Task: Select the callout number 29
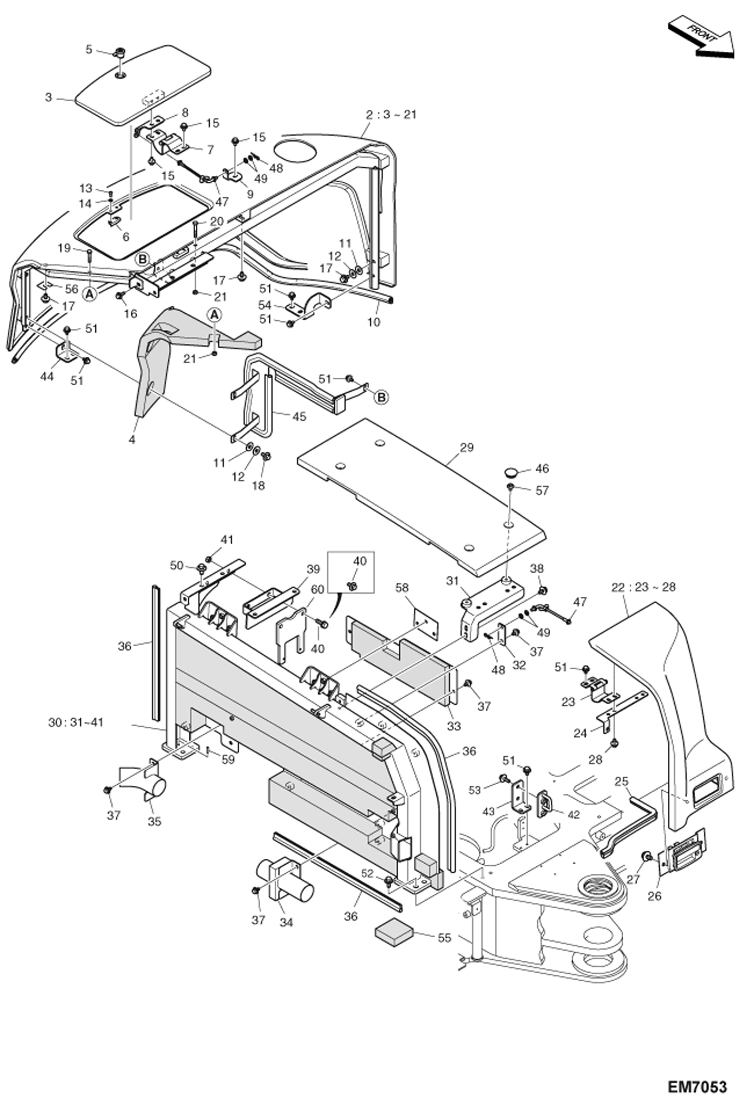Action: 467,447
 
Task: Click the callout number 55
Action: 444,938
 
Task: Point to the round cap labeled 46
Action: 512,472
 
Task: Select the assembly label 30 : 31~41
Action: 76,722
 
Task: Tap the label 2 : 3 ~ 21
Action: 392,114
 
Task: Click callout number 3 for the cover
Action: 48,97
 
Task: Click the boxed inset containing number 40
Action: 351,572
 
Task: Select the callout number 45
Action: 299,416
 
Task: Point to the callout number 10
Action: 373,322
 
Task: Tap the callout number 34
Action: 287,922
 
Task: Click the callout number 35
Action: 155,821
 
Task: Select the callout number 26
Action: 654,896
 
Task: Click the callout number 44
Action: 47,376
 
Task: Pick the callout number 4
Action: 132,439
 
